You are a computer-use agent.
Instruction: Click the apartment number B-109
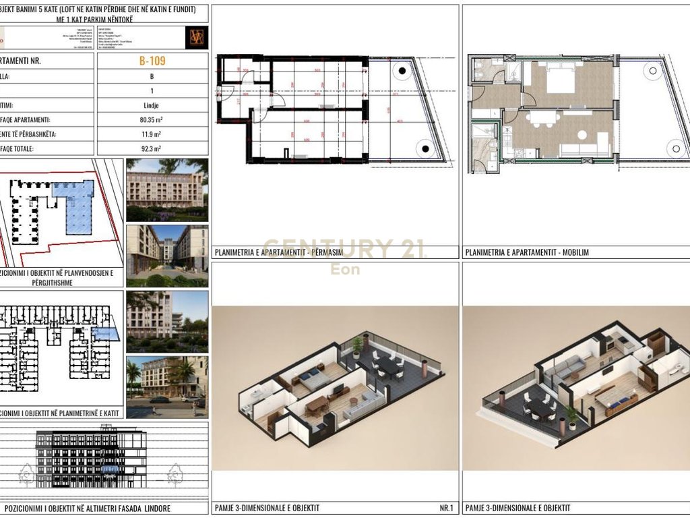coord(152,61)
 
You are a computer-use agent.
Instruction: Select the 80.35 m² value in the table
coord(152,120)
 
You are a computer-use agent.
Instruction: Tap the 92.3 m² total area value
coord(152,148)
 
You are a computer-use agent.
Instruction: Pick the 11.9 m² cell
coord(152,134)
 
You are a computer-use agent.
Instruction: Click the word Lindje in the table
coord(152,105)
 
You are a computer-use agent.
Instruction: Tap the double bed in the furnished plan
coord(559,82)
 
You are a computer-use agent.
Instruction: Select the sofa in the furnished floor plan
coord(593,150)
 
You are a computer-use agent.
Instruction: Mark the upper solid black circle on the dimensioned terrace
coord(402,71)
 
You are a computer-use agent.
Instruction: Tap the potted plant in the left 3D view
coord(356,345)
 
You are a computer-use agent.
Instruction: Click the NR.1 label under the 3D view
coord(445,508)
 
